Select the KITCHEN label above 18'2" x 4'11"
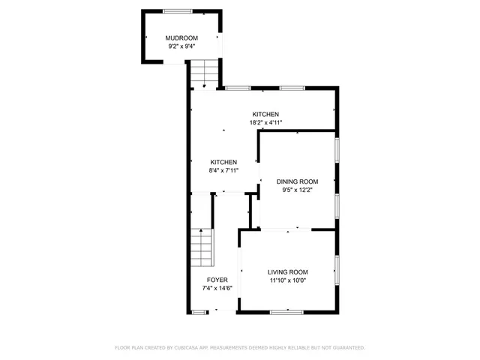tap(265, 114)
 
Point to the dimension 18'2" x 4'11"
tap(265, 122)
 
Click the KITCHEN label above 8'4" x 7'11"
tap(223, 162)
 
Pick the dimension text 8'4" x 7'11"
tap(223, 170)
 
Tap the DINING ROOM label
tap(298, 181)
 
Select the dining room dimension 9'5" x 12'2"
tap(298, 190)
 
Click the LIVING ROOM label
tap(288, 271)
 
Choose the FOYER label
tap(217, 280)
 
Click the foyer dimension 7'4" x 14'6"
tap(217, 288)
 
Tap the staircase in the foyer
tap(201, 248)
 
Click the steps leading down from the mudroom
tap(202, 73)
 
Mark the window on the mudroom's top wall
tap(177, 10)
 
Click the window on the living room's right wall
tap(337, 271)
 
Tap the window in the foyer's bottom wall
tap(199, 310)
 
